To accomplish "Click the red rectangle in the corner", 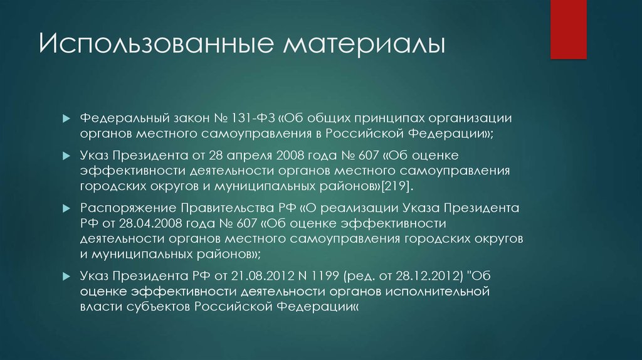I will coord(568,28).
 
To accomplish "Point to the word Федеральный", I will coord(117,118).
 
